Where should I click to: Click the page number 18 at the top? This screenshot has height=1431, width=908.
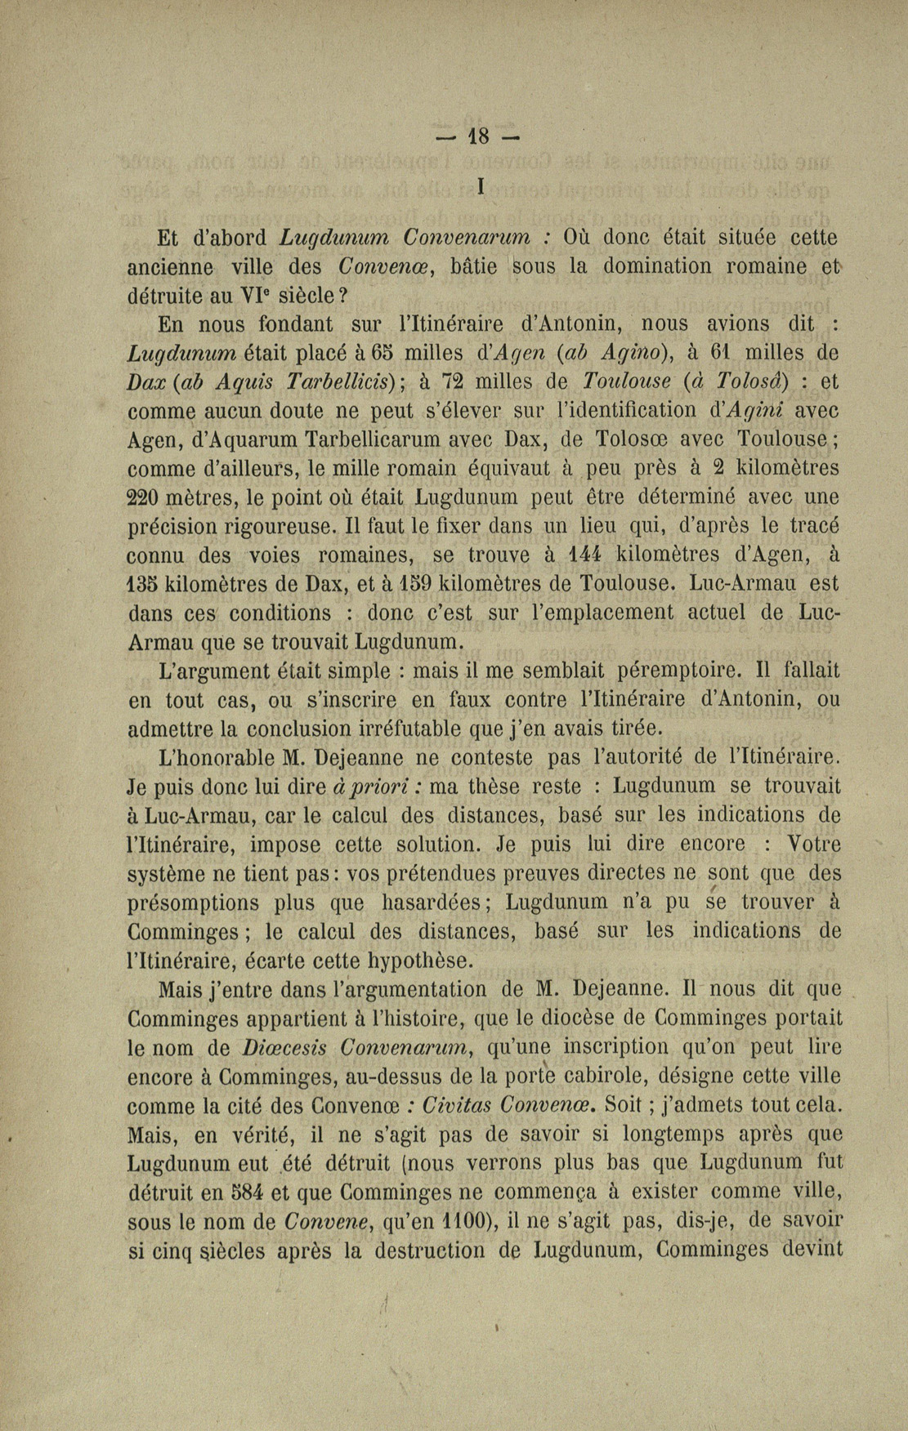478,136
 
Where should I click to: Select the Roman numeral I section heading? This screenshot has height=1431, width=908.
480,187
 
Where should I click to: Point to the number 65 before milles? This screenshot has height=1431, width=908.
379,353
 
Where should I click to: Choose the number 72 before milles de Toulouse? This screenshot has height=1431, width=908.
451,381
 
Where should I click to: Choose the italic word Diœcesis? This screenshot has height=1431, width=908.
282,1048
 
